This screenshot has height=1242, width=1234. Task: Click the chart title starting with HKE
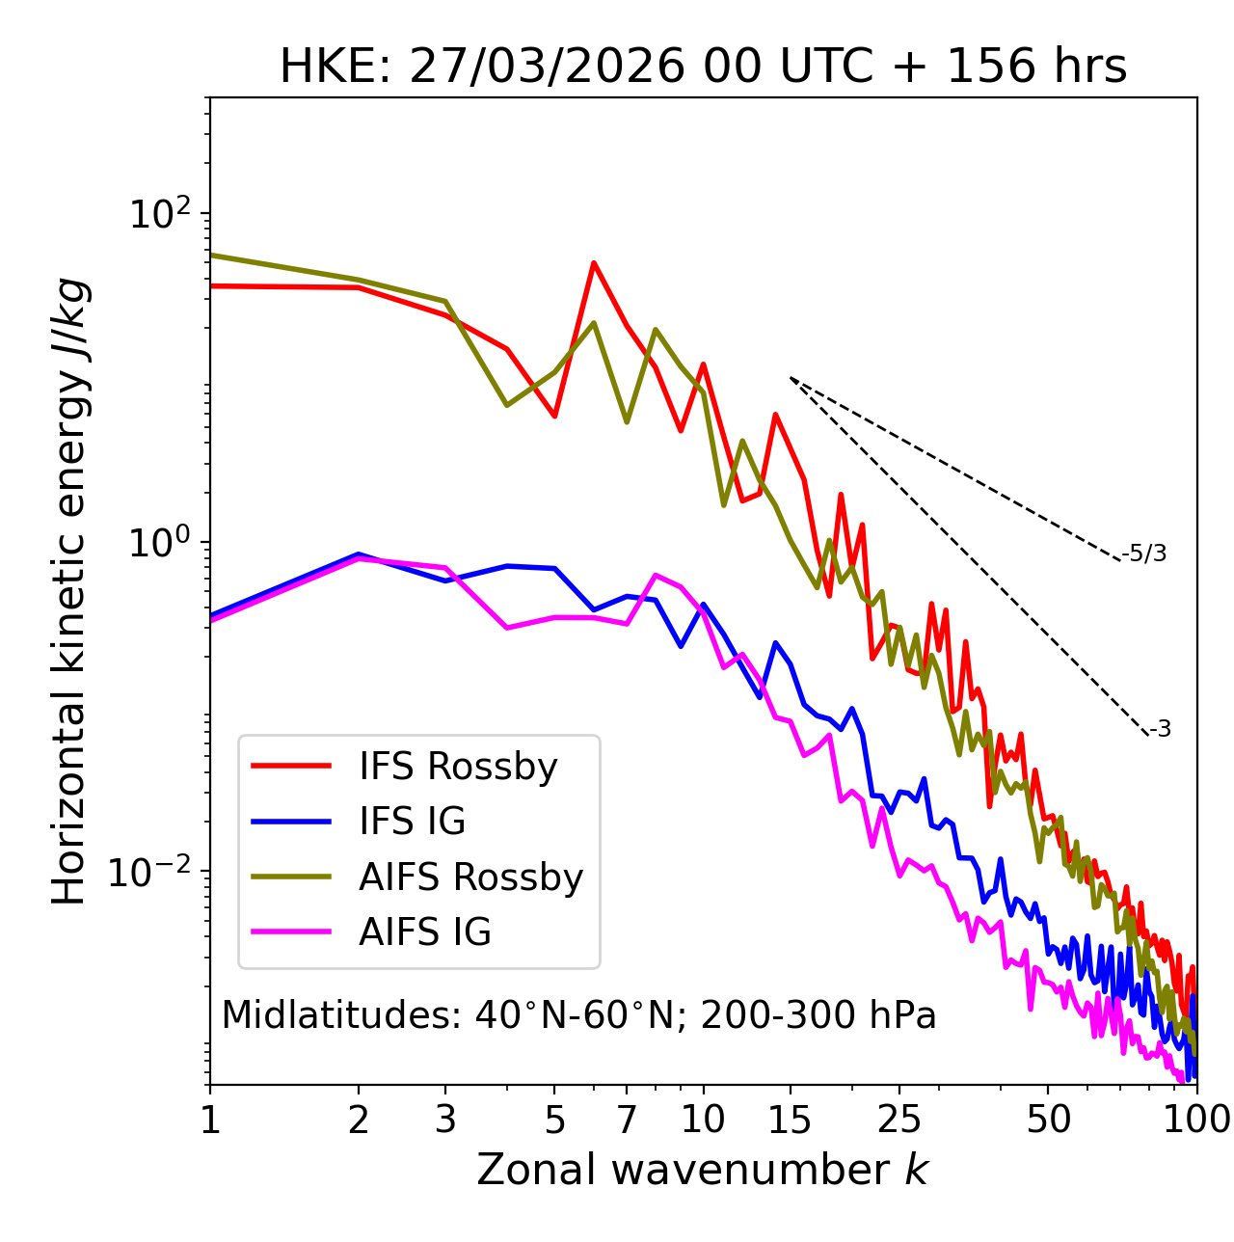tap(703, 67)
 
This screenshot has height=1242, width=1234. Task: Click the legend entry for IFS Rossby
tap(458, 767)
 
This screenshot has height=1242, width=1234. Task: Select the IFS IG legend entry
tap(412, 822)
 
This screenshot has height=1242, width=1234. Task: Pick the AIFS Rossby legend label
tap(470, 877)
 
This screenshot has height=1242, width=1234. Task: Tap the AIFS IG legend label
tap(424, 932)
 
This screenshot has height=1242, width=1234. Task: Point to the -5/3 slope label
tap(1144, 554)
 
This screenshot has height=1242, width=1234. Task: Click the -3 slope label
tap(1160, 730)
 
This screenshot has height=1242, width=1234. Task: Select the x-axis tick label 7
tap(627, 1120)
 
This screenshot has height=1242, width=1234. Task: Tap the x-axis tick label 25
tap(899, 1120)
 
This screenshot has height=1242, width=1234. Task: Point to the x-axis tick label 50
tap(1048, 1120)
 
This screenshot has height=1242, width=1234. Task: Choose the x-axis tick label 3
tap(445, 1120)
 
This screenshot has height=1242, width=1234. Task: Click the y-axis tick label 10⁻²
tap(152, 872)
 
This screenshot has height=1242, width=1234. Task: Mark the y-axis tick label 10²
tap(160, 214)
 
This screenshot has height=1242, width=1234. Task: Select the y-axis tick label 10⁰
tap(160, 543)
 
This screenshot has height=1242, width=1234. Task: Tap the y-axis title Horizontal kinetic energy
tap(69, 591)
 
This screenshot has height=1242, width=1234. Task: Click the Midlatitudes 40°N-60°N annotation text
tap(578, 1015)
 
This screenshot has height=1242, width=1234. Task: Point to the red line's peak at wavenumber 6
tap(594, 262)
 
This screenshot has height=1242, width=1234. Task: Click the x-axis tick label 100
tap(1195, 1120)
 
